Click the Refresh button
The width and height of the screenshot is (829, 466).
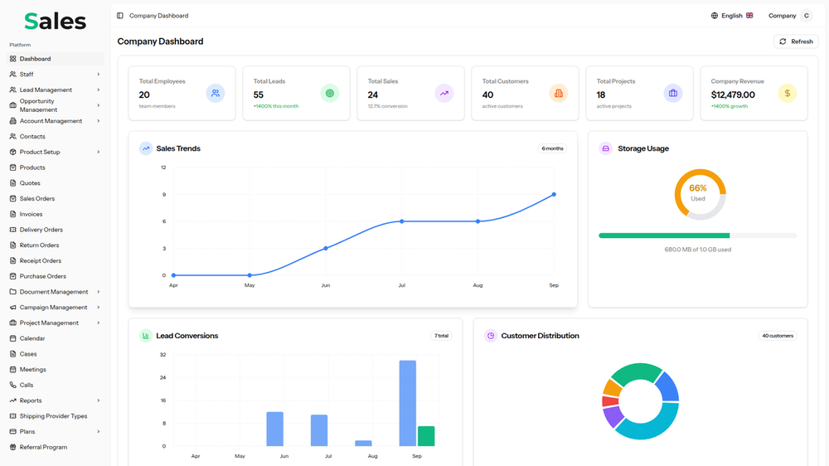point(796,41)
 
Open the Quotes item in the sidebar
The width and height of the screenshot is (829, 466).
point(30,183)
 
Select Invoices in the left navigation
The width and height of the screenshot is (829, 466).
point(31,214)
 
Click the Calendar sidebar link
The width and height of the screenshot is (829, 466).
point(32,338)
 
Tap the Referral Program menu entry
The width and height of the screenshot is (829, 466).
point(43,447)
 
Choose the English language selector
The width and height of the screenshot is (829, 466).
point(732,16)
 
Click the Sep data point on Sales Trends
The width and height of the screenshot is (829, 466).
point(554,195)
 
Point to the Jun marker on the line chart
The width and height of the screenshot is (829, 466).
point(326,248)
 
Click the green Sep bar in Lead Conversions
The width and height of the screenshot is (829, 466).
point(426,436)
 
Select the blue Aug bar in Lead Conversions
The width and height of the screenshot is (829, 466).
point(363,444)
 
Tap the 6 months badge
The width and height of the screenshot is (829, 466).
point(552,148)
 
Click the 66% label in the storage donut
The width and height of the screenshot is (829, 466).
point(698,188)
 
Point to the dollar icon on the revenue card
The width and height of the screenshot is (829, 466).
point(787,94)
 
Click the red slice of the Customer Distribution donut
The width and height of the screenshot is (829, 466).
point(610,401)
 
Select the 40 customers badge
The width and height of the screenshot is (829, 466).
point(778,336)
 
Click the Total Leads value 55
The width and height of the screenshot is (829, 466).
point(259,95)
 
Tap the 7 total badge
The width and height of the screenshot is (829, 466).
point(441,336)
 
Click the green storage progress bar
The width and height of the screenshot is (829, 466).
point(663,235)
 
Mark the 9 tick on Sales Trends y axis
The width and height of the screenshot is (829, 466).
point(163,195)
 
